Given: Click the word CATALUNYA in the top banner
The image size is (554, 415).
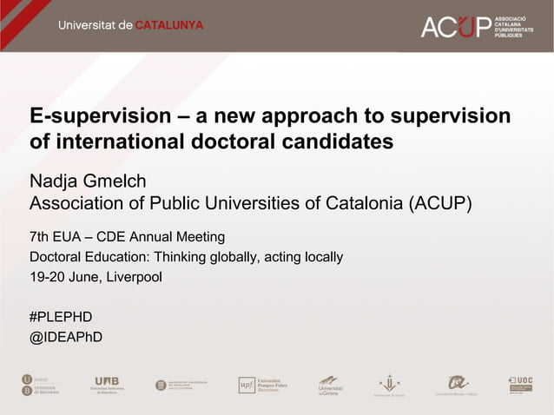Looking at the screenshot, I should (168, 25).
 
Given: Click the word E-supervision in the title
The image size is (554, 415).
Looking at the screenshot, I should (96, 116).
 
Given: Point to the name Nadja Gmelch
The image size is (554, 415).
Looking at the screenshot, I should (88, 181).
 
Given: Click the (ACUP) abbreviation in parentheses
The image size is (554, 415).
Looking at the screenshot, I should (440, 204).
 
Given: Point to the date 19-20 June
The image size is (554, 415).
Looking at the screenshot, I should (66, 278).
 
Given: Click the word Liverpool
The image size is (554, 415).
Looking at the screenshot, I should (135, 278).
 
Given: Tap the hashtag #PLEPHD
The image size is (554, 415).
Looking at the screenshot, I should (61, 316).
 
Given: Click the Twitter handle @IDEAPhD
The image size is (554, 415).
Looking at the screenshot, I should (66, 337).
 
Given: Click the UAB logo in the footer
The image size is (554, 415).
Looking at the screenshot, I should (110, 385).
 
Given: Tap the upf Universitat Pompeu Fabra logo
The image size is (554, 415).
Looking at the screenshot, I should (262, 385).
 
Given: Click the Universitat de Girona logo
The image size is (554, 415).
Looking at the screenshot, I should (330, 385).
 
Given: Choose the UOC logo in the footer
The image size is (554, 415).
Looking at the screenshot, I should (520, 384).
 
